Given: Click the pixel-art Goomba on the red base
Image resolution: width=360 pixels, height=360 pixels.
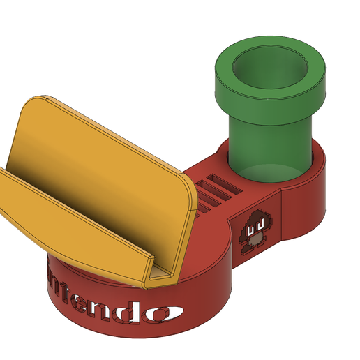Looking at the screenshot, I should (x=253, y=230).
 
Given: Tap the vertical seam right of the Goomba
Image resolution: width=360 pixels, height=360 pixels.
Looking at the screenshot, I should (x=280, y=217).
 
